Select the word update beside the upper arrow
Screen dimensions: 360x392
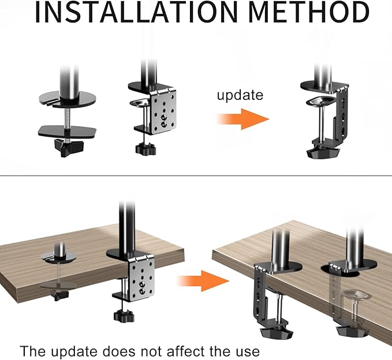(240, 95)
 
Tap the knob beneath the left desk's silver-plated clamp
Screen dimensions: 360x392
(122, 316)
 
